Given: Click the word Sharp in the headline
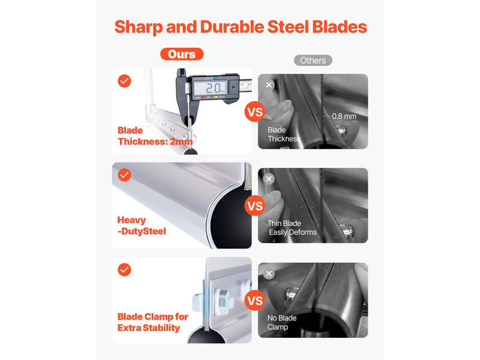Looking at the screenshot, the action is coord(139,27).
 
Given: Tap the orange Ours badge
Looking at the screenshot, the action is coord(182,54).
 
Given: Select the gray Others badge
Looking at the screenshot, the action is coord(313,61).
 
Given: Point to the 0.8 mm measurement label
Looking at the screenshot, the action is coord(344,116).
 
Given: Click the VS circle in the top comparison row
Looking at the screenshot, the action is coord(254,112).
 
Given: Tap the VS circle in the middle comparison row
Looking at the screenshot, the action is coord(254,206).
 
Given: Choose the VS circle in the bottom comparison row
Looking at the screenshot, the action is coord(254,301).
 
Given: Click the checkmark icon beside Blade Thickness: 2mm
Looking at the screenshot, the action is coord(124,81).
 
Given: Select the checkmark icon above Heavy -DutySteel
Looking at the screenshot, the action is coord(124,175).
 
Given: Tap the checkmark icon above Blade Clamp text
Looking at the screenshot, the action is coord(124,269).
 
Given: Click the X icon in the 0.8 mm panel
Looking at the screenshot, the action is coord(269,85).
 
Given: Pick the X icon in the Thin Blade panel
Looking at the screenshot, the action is coord(269,179).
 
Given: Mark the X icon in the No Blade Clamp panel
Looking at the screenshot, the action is coord(269,274).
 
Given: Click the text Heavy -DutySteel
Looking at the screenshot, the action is coord(142,226).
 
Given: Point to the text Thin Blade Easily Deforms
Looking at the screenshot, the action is coord(292,228).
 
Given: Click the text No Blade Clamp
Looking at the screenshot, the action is coord(282,323).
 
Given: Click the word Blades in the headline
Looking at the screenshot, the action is coord(340,27).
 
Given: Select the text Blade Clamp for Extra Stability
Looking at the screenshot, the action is coord(153,322).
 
